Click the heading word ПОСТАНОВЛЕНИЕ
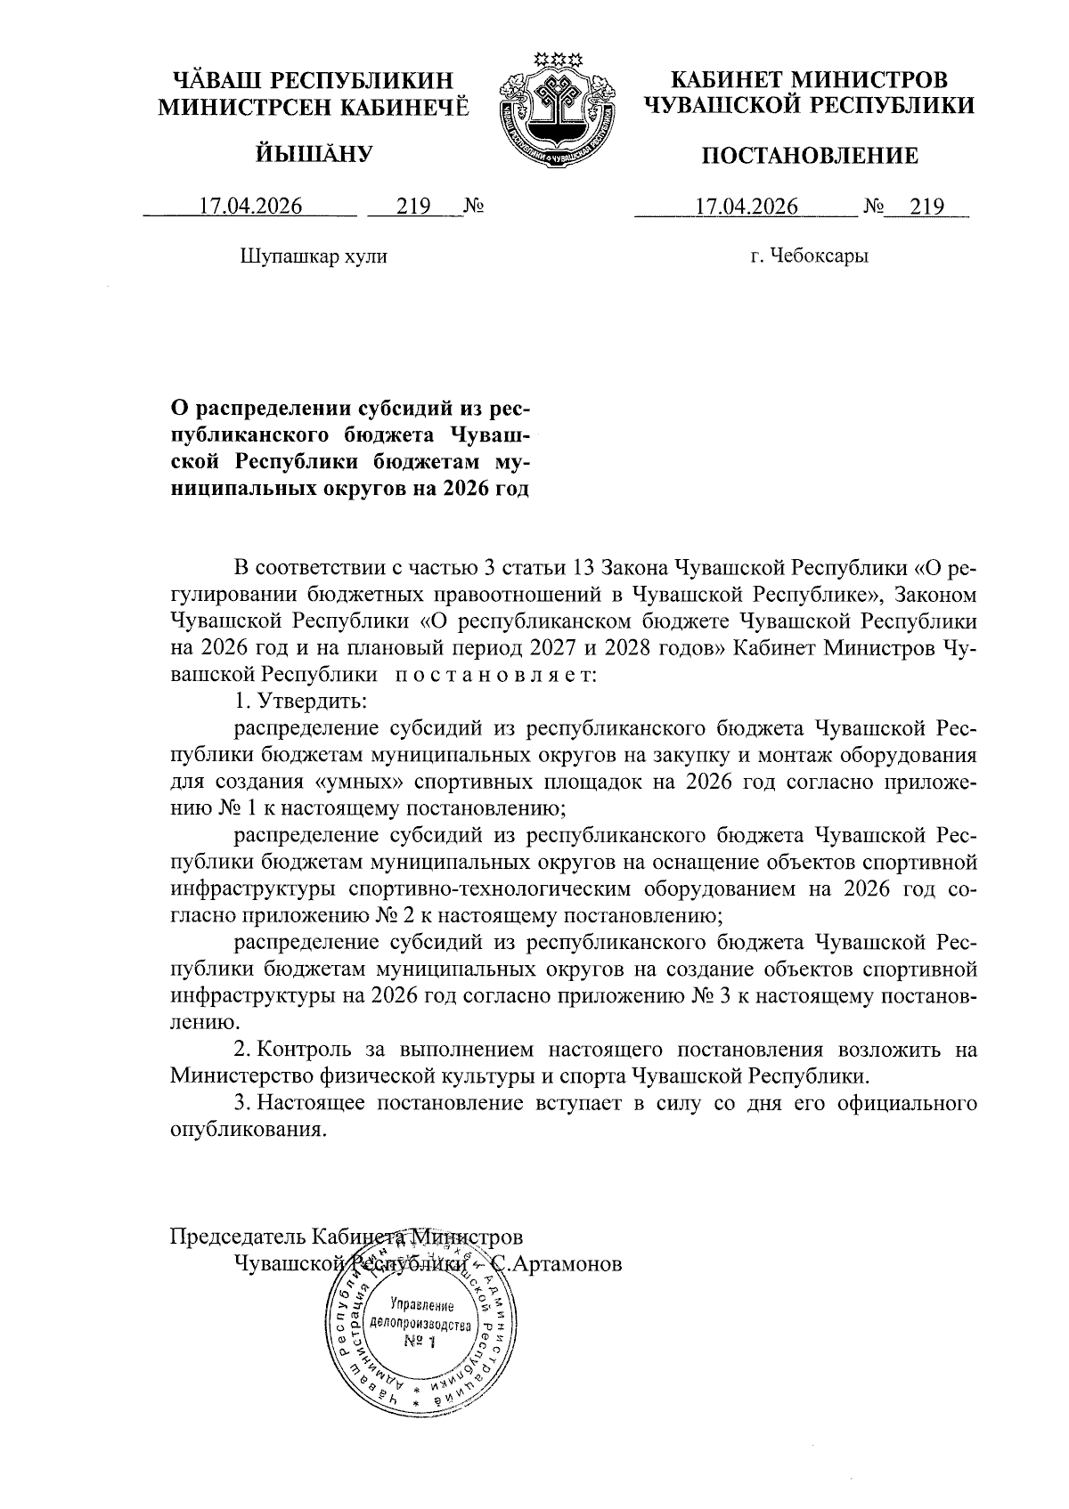point(808,158)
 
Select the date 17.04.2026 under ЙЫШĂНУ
point(250,207)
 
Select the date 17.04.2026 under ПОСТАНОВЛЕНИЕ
point(746,207)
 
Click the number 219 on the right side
point(926,207)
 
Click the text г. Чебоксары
point(809,257)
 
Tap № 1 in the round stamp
point(419,1342)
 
